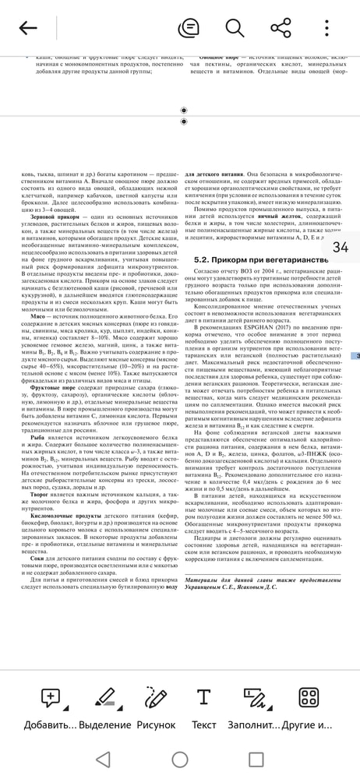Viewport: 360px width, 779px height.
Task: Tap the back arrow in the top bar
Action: point(28,29)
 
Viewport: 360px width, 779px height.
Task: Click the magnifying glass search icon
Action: point(235,29)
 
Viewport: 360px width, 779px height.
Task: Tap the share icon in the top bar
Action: point(281,29)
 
